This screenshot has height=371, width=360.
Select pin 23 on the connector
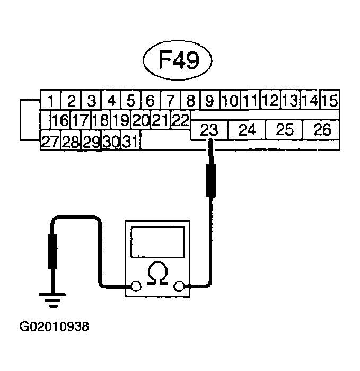[x=209, y=130]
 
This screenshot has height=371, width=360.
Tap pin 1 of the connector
[x=50, y=100]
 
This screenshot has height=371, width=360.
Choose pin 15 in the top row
[x=330, y=100]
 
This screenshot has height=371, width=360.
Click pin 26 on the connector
[x=322, y=130]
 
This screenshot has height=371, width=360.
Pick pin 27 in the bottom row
[x=50, y=142]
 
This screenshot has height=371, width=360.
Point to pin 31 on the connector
[x=130, y=142]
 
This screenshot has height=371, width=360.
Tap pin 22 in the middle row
[x=180, y=120]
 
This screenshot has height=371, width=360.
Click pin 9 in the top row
[x=210, y=100]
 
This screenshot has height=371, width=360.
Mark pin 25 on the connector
[x=284, y=130]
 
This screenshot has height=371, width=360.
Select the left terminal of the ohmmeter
[x=136, y=287]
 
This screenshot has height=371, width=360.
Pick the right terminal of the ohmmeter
[x=179, y=287]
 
